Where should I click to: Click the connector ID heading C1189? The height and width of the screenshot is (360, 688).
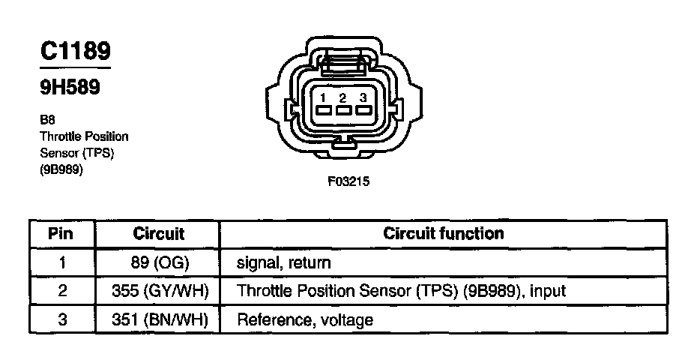(75, 51)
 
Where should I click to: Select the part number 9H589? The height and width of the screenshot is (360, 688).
(70, 88)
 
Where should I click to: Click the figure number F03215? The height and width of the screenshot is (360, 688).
(348, 181)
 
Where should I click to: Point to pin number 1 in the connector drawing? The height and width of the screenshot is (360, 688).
(321, 97)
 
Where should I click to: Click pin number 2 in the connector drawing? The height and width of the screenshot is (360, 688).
(342, 97)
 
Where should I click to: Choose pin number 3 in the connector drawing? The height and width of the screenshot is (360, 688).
(363, 97)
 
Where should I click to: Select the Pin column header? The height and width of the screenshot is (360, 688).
(60, 233)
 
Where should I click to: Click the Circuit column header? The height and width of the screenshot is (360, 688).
(158, 233)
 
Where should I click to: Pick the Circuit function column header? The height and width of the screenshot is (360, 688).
(444, 233)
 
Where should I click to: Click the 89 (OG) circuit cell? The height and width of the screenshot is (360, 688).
(158, 263)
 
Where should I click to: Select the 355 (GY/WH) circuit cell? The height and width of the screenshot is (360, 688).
(158, 291)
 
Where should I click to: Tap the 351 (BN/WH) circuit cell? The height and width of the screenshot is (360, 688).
(158, 319)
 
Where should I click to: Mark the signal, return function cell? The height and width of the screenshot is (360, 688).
(283, 263)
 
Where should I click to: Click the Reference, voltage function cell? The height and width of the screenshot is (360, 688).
(304, 319)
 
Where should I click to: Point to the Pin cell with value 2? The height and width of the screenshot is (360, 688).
(62, 291)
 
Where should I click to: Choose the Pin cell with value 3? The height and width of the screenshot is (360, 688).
(62, 319)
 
